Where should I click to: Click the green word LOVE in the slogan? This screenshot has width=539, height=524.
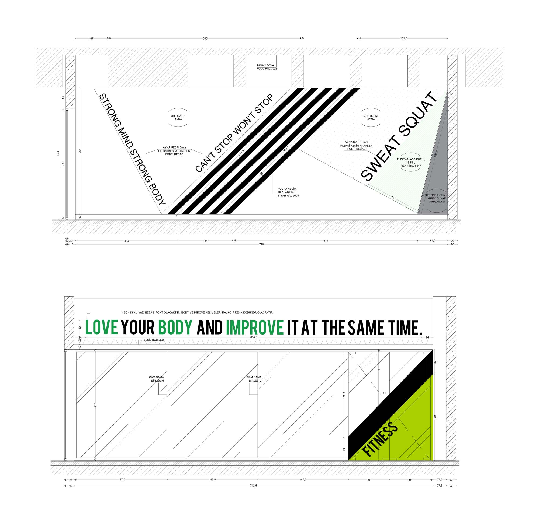click(x=102, y=328)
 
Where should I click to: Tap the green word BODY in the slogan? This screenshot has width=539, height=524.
click(x=175, y=328)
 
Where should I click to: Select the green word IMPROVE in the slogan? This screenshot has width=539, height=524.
click(x=255, y=328)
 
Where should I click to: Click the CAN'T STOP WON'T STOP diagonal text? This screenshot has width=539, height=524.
click(x=234, y=133)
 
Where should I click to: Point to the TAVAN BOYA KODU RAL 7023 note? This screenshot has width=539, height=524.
click(x=267, y=67)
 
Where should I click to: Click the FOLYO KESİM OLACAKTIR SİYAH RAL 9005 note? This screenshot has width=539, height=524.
click(x=288, y=192)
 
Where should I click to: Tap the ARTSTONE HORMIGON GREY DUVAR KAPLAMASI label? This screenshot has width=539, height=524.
click(x=437, y=198)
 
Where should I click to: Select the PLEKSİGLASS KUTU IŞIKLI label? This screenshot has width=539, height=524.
click(x=411, y=162)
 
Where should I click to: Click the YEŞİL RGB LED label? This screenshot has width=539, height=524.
click(x=154, y=340)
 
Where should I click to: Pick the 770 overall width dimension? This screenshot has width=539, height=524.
click(x=261, y=244)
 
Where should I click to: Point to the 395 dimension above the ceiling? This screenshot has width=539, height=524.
click(x=205, y=38)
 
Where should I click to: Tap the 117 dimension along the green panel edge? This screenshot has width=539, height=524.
click(x=393, y=198)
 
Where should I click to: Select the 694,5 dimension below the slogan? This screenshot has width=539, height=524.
click(x=254, y=337)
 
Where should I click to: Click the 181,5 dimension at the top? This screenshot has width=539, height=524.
click(x=403, y=38)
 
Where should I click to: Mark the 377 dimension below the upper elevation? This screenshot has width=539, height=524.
click(x=326, y=241)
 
